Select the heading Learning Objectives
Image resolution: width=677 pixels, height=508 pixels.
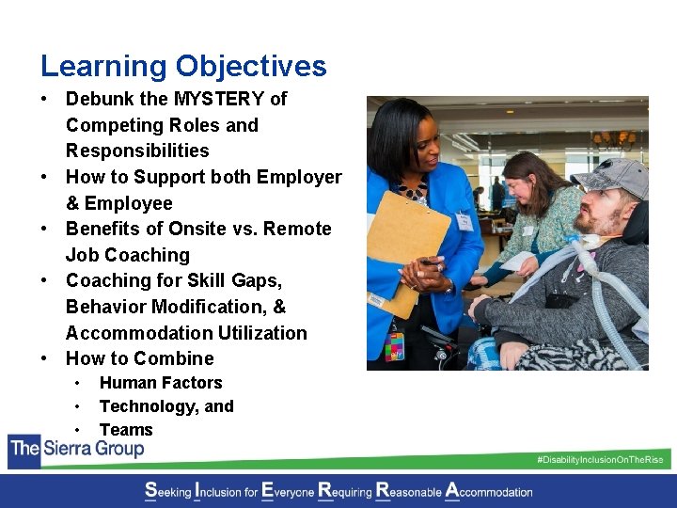point(183,66)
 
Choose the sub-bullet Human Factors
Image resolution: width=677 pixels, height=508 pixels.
point(161,383)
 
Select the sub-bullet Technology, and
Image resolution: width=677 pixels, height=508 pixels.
point(166,406)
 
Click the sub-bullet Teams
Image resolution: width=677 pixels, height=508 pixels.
point(126,430)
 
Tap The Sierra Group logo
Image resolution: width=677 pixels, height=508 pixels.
point(77,449)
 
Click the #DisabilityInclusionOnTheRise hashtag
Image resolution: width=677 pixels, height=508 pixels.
point(599,460)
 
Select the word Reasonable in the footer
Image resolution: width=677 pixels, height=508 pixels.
point(409,491)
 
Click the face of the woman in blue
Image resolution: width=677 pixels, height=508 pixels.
point(409,151)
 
